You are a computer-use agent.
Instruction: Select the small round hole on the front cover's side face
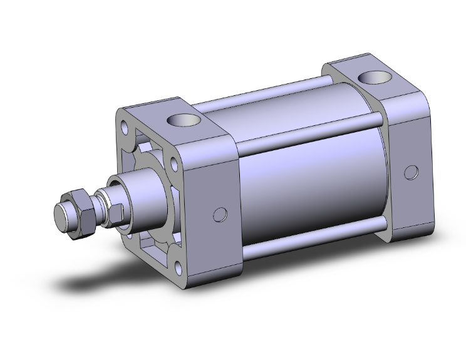219,215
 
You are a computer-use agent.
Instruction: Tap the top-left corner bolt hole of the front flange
128,127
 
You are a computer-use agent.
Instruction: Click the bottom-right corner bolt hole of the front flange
178,268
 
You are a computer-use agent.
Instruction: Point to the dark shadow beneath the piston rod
94,282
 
